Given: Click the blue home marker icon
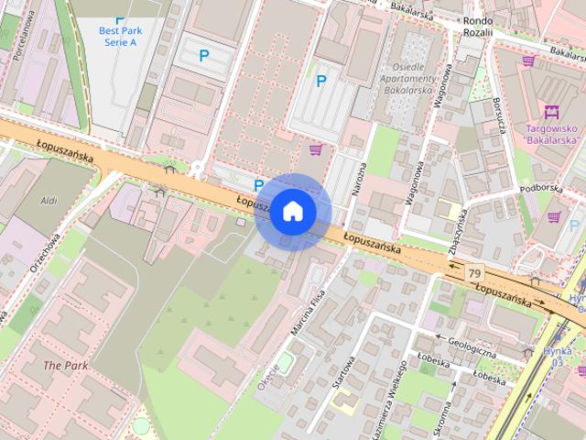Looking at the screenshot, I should pyautogui.click(x=292, y=212).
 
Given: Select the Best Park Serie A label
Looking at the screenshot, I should pyautogui.click(x=117, y=37).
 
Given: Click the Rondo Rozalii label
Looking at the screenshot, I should pyautogui.click(x=478, y=26).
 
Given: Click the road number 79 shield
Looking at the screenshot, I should pyautogui.click(x=474, y=273).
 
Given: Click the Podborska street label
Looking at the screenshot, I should pyautogui.click(x=541, y=187).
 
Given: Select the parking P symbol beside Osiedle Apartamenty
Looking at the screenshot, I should pyautogui.click(x=321, y=82).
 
